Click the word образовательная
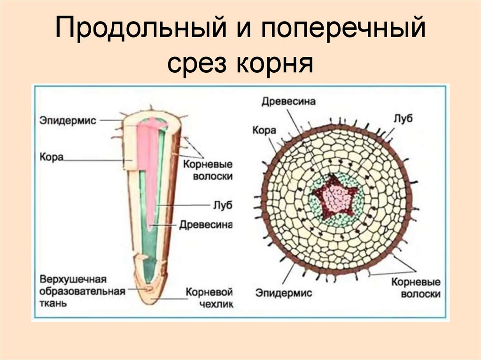pos(83,291)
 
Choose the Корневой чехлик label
pos(209,298)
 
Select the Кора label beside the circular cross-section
pos(264,130)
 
